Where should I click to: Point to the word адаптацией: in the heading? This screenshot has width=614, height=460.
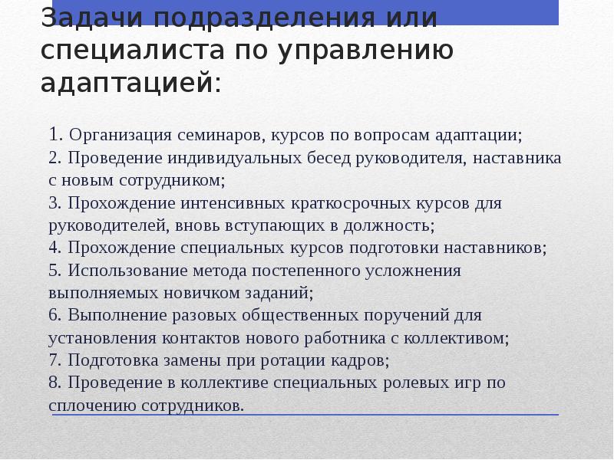[130, 83]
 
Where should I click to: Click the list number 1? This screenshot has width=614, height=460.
[54, 135]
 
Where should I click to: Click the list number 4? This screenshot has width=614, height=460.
[53, 248]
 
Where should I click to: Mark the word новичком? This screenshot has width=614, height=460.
[220, 293]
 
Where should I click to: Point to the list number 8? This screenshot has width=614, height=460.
[53, 382]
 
